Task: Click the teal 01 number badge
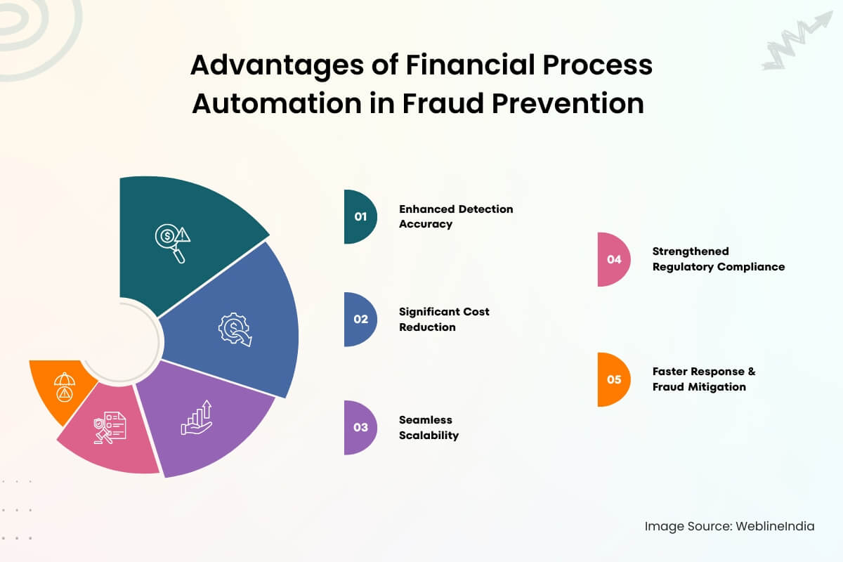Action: click(x=359, y=216)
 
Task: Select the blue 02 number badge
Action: click(x=359, y=319)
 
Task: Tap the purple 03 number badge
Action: click(x=359, y=427)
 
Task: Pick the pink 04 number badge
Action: click(x=613, y=259)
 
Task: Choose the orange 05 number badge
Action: click(x=613, y=379)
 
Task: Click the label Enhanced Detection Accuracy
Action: click(x=455, y=216)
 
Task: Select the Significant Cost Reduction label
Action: click(x=444, y=319)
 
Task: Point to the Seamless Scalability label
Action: click(x=429, y=427)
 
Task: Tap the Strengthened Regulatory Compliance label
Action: click(x=718, y=259)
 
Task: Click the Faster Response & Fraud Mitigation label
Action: click(x=703, y=379)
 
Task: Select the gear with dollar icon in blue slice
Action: click(x=235, y=329)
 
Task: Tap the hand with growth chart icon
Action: click(x=197, y=417)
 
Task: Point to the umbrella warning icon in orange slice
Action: click(x=64, y=386)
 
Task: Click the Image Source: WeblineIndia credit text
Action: click(x=729, y=526)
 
